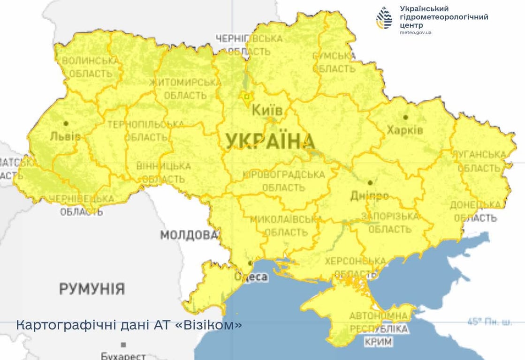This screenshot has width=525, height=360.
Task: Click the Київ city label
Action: pyautogui.click(x=267, y=111)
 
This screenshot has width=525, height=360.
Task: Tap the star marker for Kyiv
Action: pyautogui.click(x=245, y=96)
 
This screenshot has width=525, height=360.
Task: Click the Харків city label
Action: pyautogui.click(x=404, y=129)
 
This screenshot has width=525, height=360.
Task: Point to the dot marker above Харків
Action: pyautogui.click(x=405, y=117)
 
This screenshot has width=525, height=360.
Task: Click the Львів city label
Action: pyautogui.click(x=65, y=136)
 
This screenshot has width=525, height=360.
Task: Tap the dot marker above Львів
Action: pyautogui.click(x=66, y=123)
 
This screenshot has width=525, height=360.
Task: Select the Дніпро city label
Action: pyautogui.click(x=369, y=195)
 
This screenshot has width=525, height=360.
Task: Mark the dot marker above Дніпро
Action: pyautogui.click(x=370, y=182)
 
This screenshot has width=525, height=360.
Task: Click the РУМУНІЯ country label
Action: pyautogui.click(x=92, y=288)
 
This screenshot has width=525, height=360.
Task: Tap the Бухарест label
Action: pyautogui.click(x=123, y=356)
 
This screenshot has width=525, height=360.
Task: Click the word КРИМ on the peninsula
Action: pyautogui.click(x=378, y=342)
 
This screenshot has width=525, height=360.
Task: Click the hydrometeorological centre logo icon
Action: pyautogui.click(x=384, y=18)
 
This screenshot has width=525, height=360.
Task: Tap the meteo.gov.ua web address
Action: pyautogui.click(x=416, y=33)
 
